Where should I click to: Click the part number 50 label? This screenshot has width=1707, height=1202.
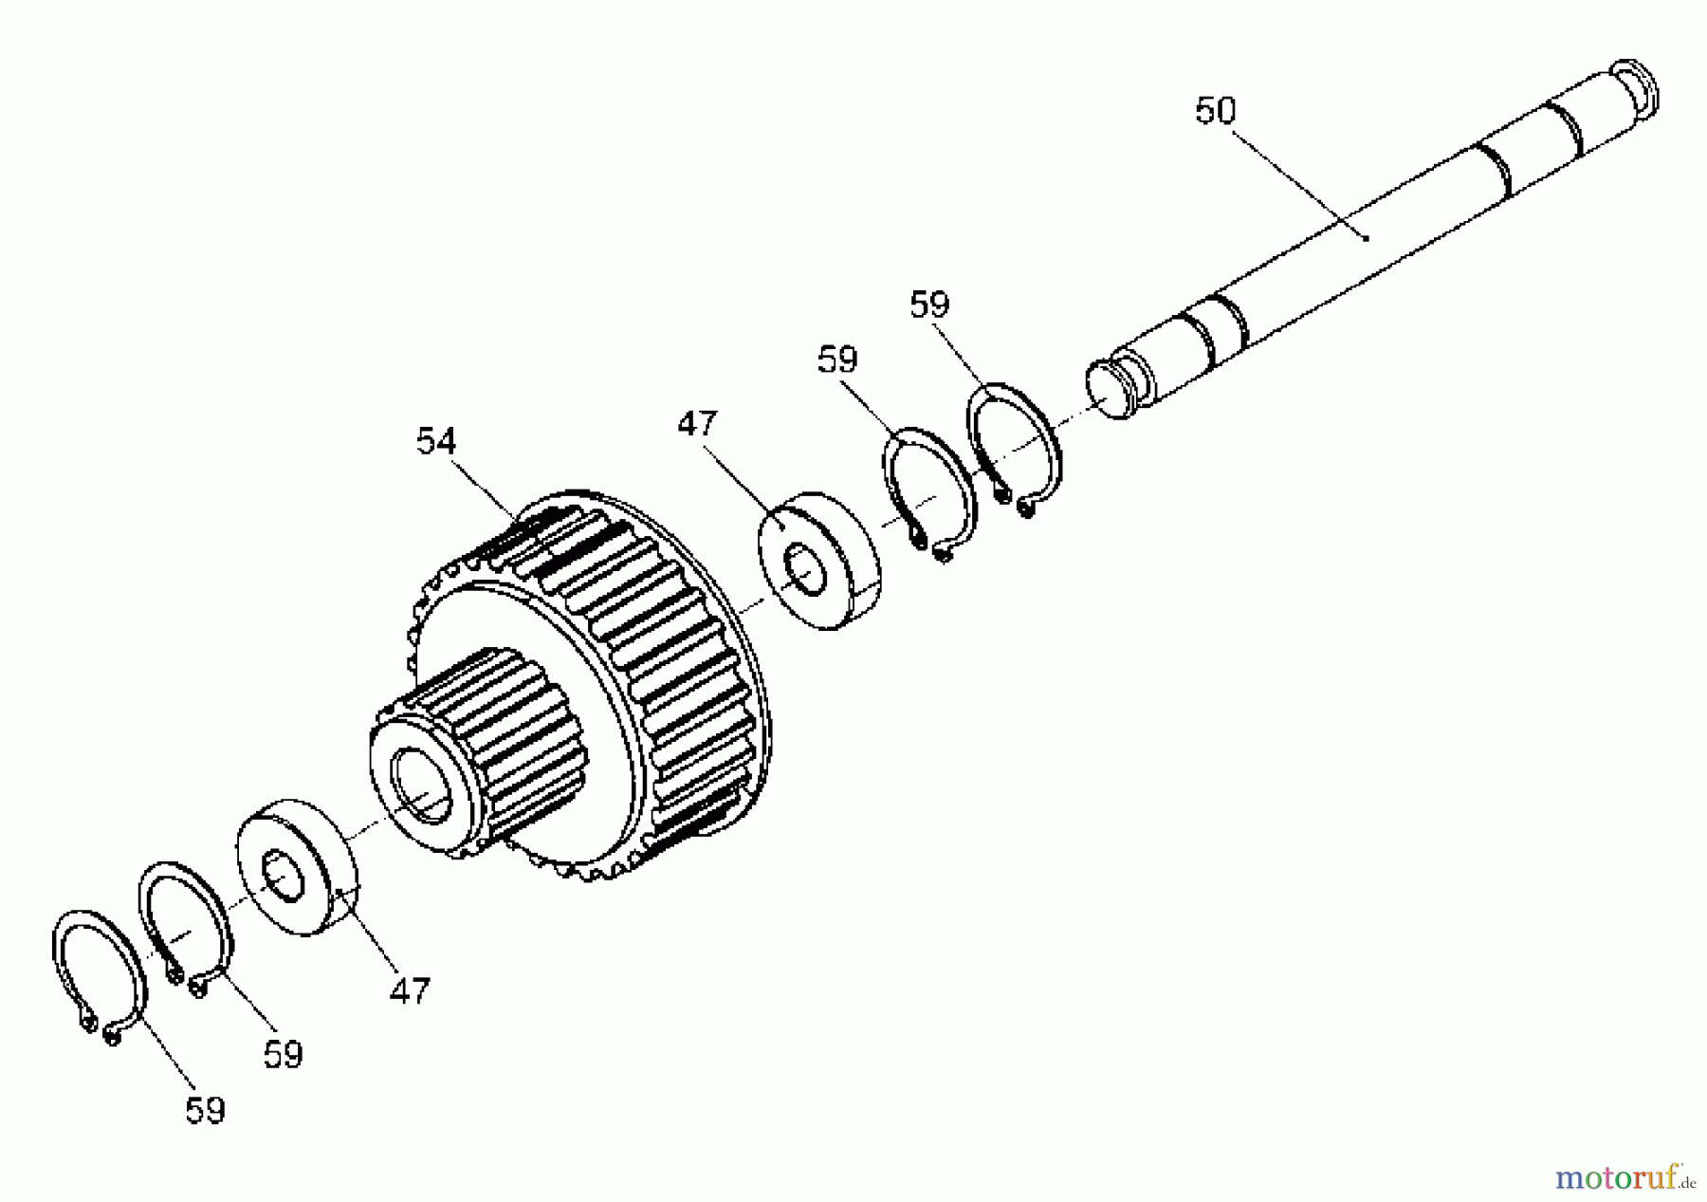click(x=1215, y=111)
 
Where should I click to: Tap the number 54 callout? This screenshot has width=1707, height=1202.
click(x=436, y=441)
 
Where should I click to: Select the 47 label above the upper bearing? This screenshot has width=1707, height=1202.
click(x=697, y=423)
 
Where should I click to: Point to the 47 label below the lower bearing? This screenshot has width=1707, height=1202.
click(x=410, y=991)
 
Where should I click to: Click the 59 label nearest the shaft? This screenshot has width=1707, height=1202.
click(x=929, y=305)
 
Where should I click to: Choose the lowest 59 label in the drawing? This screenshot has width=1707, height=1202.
click(x=205, y=1110)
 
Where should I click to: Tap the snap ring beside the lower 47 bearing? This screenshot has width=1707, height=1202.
click(x=186, y=925)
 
